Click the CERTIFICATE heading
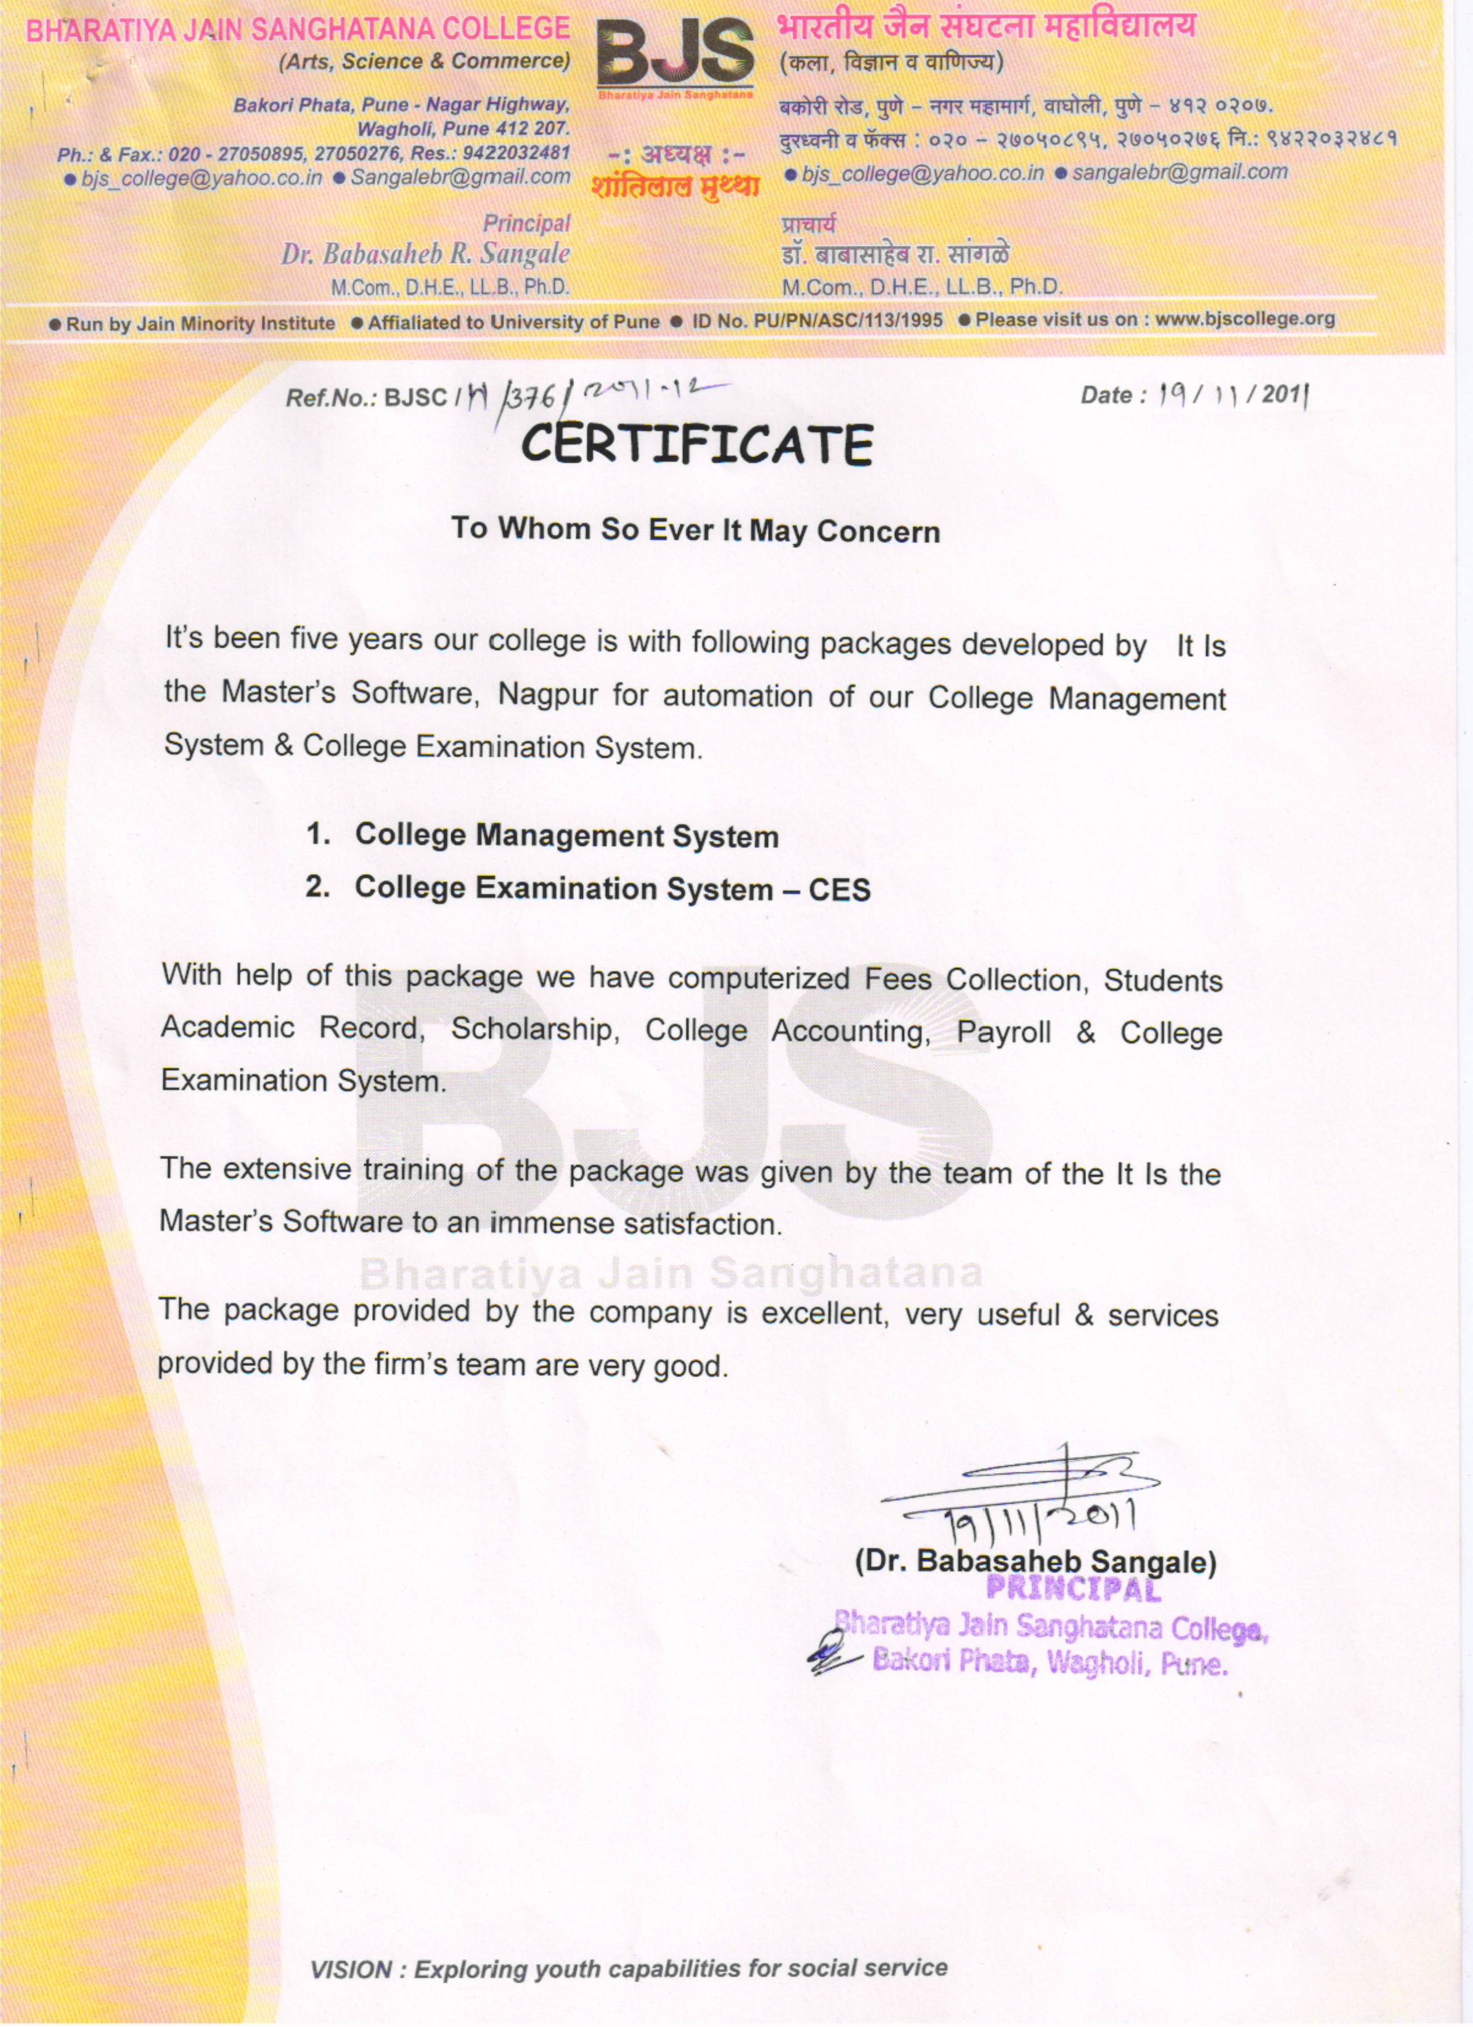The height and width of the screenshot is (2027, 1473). point(696,444)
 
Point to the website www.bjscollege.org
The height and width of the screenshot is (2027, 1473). point(1244,318)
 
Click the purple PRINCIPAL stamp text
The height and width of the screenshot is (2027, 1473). point(1072,1588)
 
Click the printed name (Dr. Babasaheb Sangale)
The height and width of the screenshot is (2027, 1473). point(1035,1561)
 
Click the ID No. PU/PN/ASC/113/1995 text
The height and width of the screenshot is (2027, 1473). point(817,320)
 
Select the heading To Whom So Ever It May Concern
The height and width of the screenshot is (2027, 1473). point(695,529)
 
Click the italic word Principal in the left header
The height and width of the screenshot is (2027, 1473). point(526,222)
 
